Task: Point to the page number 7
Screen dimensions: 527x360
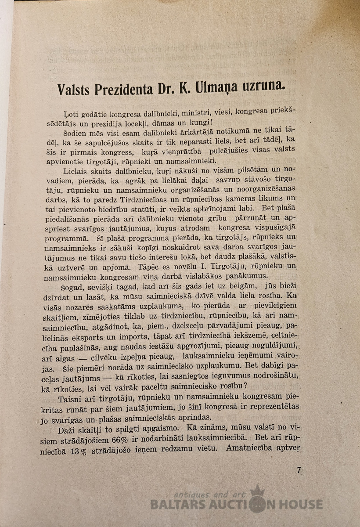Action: tap(299, 470)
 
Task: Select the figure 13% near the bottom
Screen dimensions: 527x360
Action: tap(78, 449)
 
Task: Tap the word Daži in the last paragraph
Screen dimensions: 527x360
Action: tap(67, 428)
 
